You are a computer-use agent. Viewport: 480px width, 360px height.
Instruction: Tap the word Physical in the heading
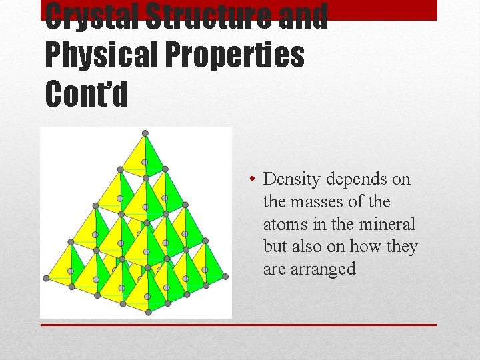point(97,56)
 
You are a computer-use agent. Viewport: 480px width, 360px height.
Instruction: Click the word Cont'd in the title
point(86,94)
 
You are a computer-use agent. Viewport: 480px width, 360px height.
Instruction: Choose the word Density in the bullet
point(290,179)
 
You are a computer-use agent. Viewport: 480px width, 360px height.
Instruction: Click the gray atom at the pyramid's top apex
point(145,133)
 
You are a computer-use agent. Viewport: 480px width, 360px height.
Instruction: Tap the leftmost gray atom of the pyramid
point(46,278)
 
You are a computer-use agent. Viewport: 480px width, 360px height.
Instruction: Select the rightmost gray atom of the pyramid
point(225,277)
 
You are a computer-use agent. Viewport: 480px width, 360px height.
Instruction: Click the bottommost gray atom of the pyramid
point(148,312)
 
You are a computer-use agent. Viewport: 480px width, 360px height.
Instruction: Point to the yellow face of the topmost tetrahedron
point(137,155)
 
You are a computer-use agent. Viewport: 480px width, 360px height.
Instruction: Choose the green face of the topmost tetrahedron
point(153,155)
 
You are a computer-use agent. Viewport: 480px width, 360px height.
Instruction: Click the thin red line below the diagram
point(239,325)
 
